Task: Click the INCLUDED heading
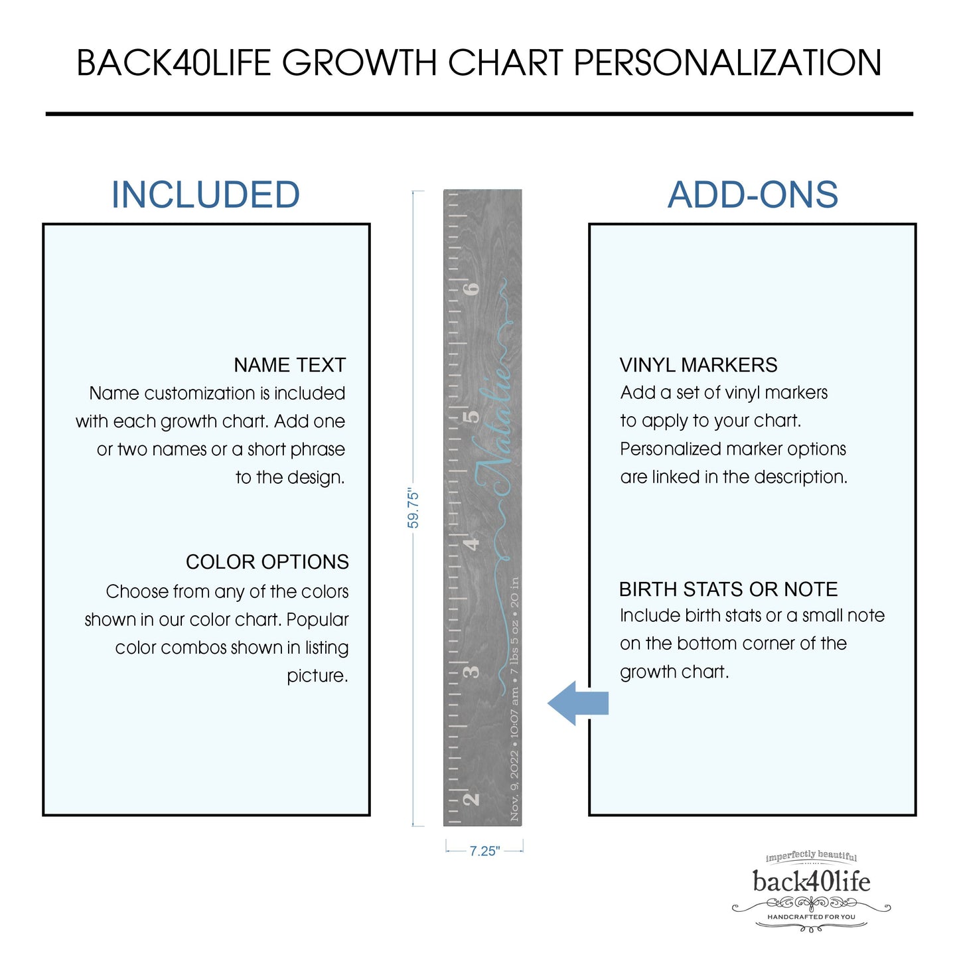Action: (205, 195)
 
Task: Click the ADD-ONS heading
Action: (753, 195)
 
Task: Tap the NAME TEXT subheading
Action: (289, 365)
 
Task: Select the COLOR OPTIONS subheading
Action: (267, 562)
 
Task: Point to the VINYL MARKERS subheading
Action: (698, 365)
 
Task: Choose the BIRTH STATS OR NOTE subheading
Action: (728, 589)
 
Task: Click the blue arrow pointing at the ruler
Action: (578, 703)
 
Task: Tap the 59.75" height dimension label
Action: (413, 509)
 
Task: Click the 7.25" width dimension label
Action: (484, 851)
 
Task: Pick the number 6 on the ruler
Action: (471, 289)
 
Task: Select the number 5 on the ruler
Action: (471, 417)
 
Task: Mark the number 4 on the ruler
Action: (471, 544)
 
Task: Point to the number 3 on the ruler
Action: (471, 672)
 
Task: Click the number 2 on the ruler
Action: (471, 798)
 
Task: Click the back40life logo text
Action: (811, 881)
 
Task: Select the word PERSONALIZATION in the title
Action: (727, 63)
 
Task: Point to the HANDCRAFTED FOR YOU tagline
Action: (811, 917)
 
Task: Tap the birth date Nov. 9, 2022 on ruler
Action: (515, 786)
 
